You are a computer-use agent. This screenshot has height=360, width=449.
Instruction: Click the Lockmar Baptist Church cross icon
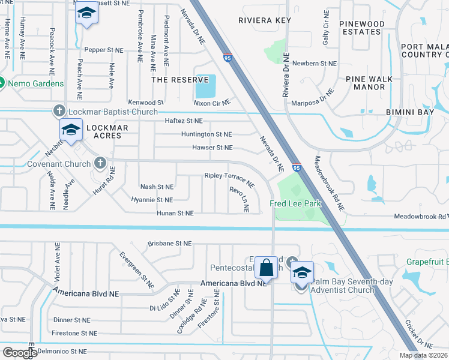[59, 111]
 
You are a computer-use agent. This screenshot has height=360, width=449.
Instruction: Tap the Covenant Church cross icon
[100, 163]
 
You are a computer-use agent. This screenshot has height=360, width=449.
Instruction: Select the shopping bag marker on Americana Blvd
[265, 268]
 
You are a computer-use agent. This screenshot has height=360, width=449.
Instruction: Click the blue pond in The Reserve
[205, 87]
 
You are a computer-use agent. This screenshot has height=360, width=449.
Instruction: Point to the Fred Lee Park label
[295, 204]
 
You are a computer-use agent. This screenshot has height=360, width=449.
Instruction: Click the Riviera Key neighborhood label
[265, 20]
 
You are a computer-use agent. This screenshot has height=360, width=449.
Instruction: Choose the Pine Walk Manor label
[369, 83]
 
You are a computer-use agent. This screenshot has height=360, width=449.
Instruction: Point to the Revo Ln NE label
[239, 199]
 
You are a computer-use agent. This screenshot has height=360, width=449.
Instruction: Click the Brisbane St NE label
[170, 244]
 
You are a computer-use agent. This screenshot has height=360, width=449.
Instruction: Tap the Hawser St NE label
[212, 148]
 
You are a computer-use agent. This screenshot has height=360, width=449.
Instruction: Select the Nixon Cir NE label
[212, 103]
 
